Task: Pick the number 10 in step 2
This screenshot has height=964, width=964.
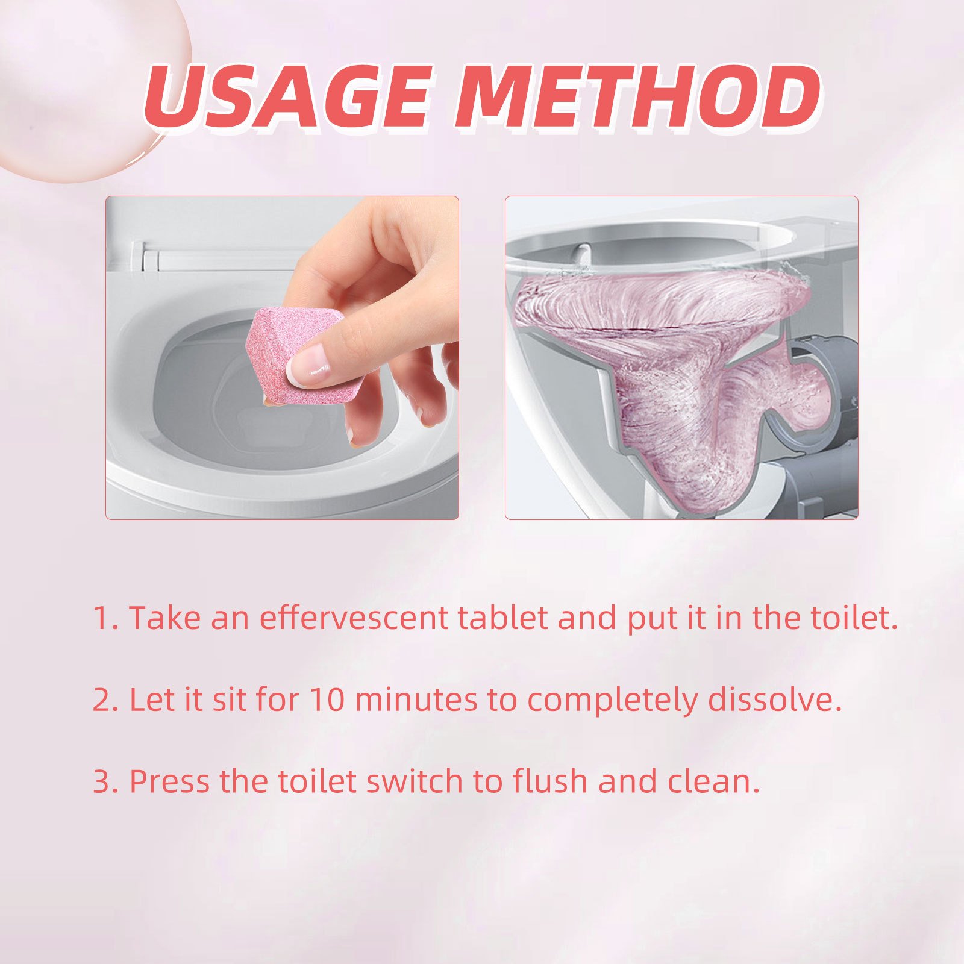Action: pyautogui.click(x=327, y=700)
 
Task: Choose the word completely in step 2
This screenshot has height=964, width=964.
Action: pyautogui.click(x=612, y=701)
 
